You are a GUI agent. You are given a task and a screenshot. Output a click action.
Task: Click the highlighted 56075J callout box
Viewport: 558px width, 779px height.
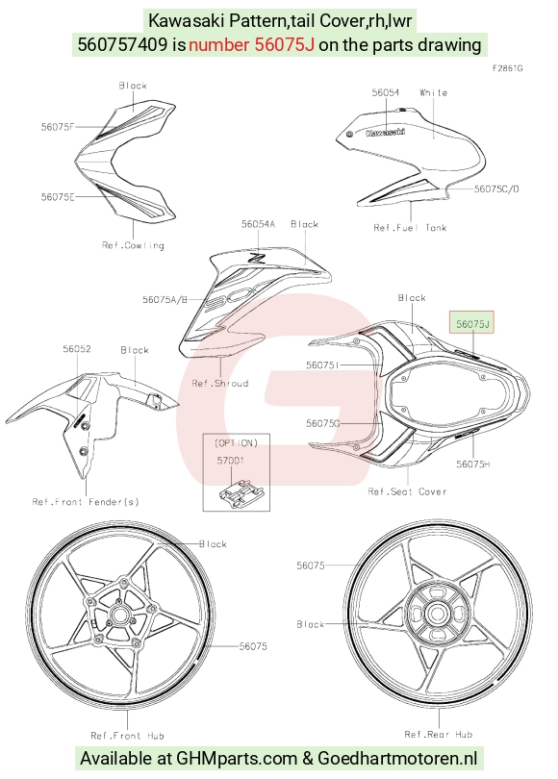point(471,322)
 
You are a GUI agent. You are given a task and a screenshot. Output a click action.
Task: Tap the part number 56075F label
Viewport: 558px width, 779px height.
point(58,127)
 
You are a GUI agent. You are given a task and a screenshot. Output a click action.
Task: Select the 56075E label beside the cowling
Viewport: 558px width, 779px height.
point(58,197)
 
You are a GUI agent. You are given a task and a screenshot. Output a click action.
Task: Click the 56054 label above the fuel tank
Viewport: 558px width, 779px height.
point(386,92)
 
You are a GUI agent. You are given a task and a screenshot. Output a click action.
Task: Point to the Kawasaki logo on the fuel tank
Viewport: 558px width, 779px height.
point(385,132)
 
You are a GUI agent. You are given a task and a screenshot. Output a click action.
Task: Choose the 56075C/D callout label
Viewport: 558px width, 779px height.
point(496,188)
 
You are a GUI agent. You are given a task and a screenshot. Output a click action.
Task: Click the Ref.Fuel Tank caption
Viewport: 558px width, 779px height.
point(410,228)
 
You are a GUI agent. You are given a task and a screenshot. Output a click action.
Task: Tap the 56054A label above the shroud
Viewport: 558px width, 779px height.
point(258,224)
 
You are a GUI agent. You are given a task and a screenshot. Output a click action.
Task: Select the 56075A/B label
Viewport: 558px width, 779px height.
point(165,299)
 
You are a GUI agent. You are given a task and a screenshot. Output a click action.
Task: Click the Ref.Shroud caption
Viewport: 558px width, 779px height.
point(220,383)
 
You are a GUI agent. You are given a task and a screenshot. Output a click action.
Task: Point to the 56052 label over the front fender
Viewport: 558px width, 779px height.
point(77,349)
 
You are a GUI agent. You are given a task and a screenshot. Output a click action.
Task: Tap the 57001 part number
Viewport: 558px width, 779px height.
point(231,461)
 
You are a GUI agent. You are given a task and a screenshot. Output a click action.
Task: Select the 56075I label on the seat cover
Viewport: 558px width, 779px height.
point(322,365)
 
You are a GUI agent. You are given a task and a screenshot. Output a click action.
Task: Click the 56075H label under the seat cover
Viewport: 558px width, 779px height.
point(473,464)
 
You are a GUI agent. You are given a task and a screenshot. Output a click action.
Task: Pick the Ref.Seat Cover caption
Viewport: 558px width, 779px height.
point(407,491)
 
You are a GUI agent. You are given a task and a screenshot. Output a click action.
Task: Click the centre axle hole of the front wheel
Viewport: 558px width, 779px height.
point(119,615)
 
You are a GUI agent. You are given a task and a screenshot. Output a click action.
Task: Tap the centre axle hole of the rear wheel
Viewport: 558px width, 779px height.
point(437,614)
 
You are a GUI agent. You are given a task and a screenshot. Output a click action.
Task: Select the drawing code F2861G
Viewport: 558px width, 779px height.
point(507,68)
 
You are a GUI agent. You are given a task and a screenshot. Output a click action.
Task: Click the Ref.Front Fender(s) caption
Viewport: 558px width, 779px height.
point(86,502)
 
